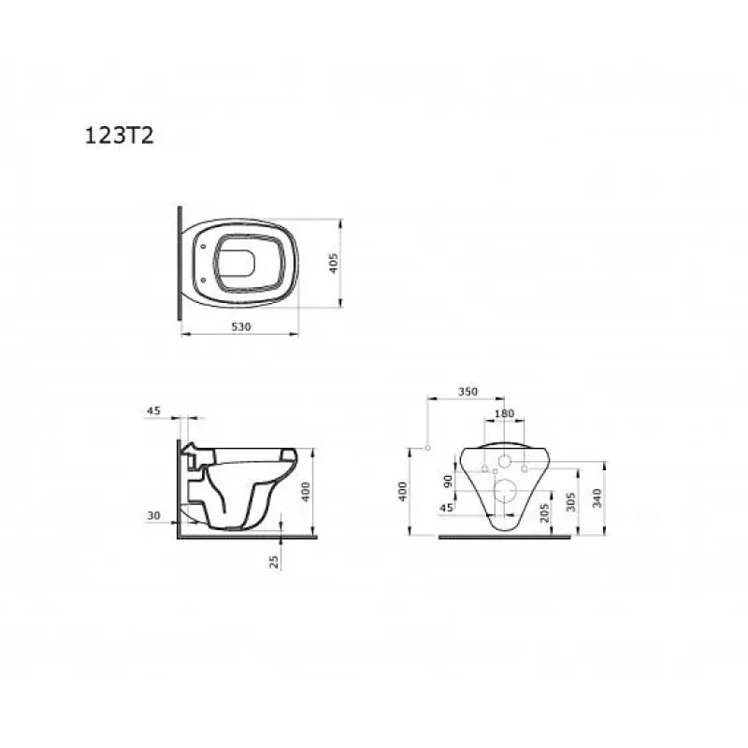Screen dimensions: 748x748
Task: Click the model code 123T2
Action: click(120, 136)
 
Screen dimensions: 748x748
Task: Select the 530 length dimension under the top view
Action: click(241, 326)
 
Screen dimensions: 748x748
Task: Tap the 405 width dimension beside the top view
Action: click(334, 263)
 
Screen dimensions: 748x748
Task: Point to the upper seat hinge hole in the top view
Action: click(204, 247)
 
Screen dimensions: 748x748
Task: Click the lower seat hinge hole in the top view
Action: click(204, 280)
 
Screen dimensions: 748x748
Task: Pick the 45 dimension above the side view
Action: click(153, 410)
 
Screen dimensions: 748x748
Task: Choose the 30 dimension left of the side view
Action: click(153, 515)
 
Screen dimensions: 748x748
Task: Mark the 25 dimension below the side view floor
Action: click(274, 561)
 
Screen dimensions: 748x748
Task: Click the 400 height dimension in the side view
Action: click(306, 492)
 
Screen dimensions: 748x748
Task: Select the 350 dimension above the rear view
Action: click(467, 391)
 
